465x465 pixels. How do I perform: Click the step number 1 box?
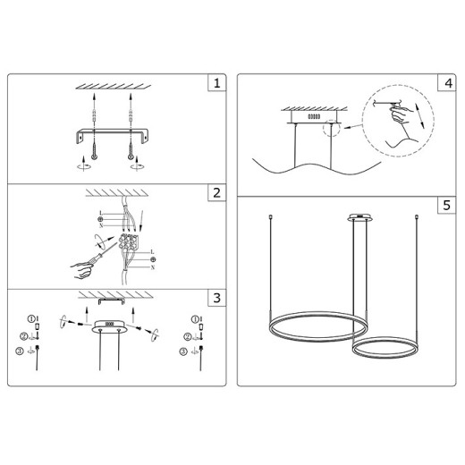pyautogui.click(x=215, y=85)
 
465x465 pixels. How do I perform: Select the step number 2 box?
pyautogui.click(x=215, y=194)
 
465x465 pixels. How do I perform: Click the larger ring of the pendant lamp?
pyautogui.click(x=315, y=329)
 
